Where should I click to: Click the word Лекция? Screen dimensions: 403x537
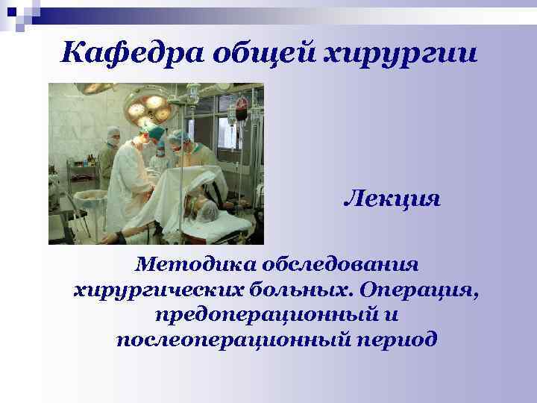392,200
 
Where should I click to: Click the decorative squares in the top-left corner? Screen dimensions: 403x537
18,13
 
